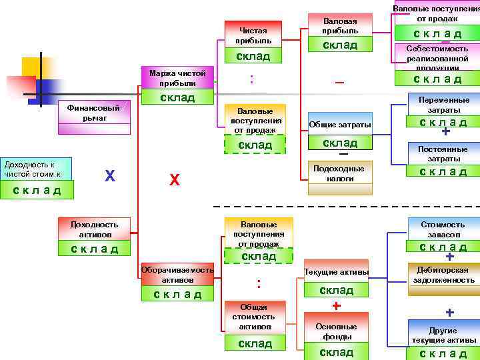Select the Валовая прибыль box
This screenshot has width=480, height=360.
coord(340,26)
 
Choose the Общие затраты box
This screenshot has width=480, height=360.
coord(340,125)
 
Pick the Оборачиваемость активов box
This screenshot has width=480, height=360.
coord(177,275)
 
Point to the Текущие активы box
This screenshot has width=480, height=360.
coord(336,272)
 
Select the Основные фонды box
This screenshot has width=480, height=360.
coord(336,331)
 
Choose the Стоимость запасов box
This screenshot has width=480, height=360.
coord(443,229)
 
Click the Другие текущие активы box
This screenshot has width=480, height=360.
coord(443,335)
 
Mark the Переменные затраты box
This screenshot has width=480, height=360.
coord(443,105)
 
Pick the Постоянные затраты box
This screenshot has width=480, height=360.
coord(443,154)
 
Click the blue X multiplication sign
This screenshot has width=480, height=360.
coord(110,176)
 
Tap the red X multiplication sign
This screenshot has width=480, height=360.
coord(175,180)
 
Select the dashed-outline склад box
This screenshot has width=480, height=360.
coord(255,145)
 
